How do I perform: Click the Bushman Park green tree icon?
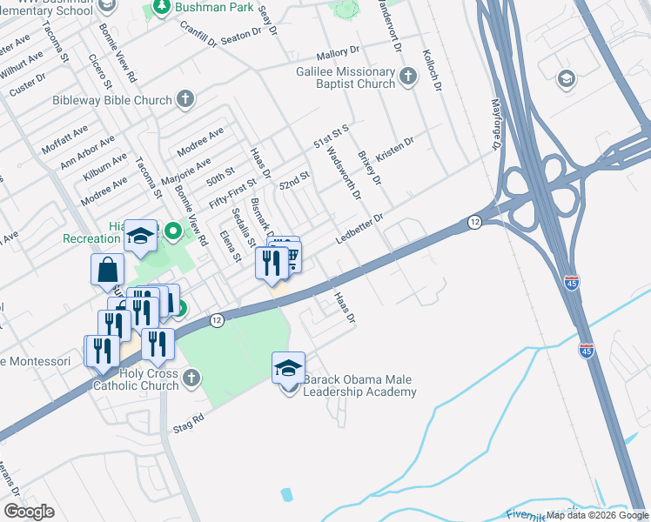[x=161, y=7]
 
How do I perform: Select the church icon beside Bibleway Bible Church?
[x=185, y=100]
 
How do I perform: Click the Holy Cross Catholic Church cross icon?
[x=191, y=378]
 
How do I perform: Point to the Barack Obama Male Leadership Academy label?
[x=359, y=385]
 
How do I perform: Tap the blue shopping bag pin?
[x=106, y=270]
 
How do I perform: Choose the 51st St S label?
[x=332, y=136]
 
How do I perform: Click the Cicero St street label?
[x=101, y=71]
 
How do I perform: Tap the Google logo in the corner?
[x=29, y=511]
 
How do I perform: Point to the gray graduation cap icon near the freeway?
[x=567, y=79]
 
